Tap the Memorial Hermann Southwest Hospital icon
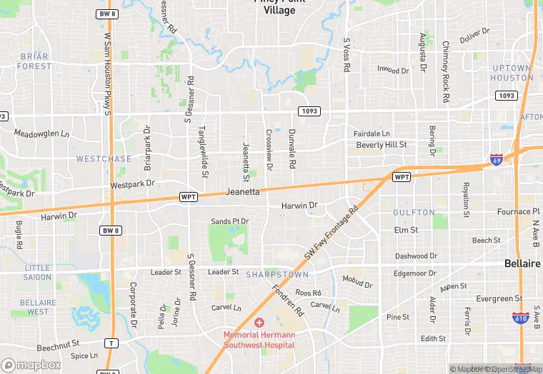click(259, 323)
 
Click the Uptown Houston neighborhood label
click(512, 73)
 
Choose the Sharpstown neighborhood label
click(277, 274)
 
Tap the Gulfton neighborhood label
click(414, 213)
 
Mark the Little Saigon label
click(37, 273)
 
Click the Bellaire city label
click(522, 263)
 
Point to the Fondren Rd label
click(288, 301)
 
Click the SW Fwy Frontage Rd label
click(330, 236)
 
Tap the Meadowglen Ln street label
click(42, 133)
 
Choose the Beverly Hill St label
click(381, 145)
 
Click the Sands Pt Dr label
click(229, 222)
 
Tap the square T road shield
click(110, 343)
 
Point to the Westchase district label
click(104, 158)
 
